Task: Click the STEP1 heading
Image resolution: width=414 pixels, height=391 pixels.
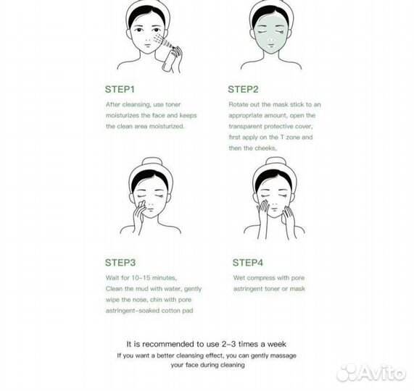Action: (x=120, y=89)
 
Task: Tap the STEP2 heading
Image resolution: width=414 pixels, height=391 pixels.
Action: (x=243, y=89)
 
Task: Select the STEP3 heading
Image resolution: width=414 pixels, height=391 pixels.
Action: (x=120, y=263)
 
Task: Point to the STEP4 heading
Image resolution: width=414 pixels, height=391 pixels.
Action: (x=248, y=263)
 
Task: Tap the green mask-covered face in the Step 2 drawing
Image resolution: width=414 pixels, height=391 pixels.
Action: (x=270, y=37)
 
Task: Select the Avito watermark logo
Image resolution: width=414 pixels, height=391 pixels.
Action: (x=371, y=372)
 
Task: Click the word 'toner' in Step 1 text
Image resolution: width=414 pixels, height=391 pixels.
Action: (x=173, y=104)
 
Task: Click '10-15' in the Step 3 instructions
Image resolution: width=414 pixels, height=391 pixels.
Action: (x=141, y=277)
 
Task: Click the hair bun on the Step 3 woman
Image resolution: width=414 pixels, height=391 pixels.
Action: (x=150, y=162)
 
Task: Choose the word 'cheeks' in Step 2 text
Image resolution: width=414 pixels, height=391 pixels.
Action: (x=266, y=148)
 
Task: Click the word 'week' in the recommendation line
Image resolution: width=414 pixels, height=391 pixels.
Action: (x=277, y=344)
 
